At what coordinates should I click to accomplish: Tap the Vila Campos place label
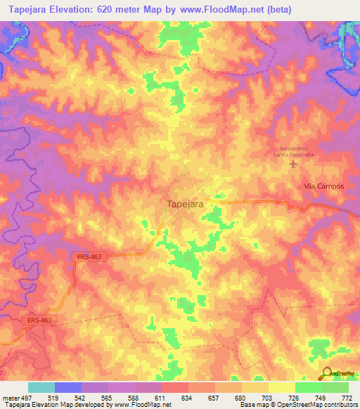[323, 186]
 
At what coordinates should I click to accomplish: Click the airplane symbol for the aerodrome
[294, 164]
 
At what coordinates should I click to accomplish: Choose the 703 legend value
[268, 397]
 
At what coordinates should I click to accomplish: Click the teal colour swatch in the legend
[41, 387]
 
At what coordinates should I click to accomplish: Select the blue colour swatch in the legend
[68, 387]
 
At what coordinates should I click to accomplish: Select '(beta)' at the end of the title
[277, 10]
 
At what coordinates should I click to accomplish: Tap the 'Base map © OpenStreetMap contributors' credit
[297, 405]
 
